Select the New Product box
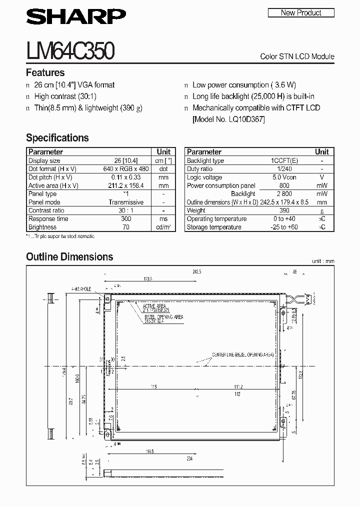(301, 13)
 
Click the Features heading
(45, 72)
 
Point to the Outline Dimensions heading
(69, 257)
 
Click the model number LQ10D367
(246, 119)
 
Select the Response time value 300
(125, 219)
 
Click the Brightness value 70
(125, 227)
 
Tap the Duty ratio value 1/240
(283, 169)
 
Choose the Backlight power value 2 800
(283, 194)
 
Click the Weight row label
(196, 210)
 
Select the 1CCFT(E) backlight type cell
(283, 160)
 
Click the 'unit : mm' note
(322, 261)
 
